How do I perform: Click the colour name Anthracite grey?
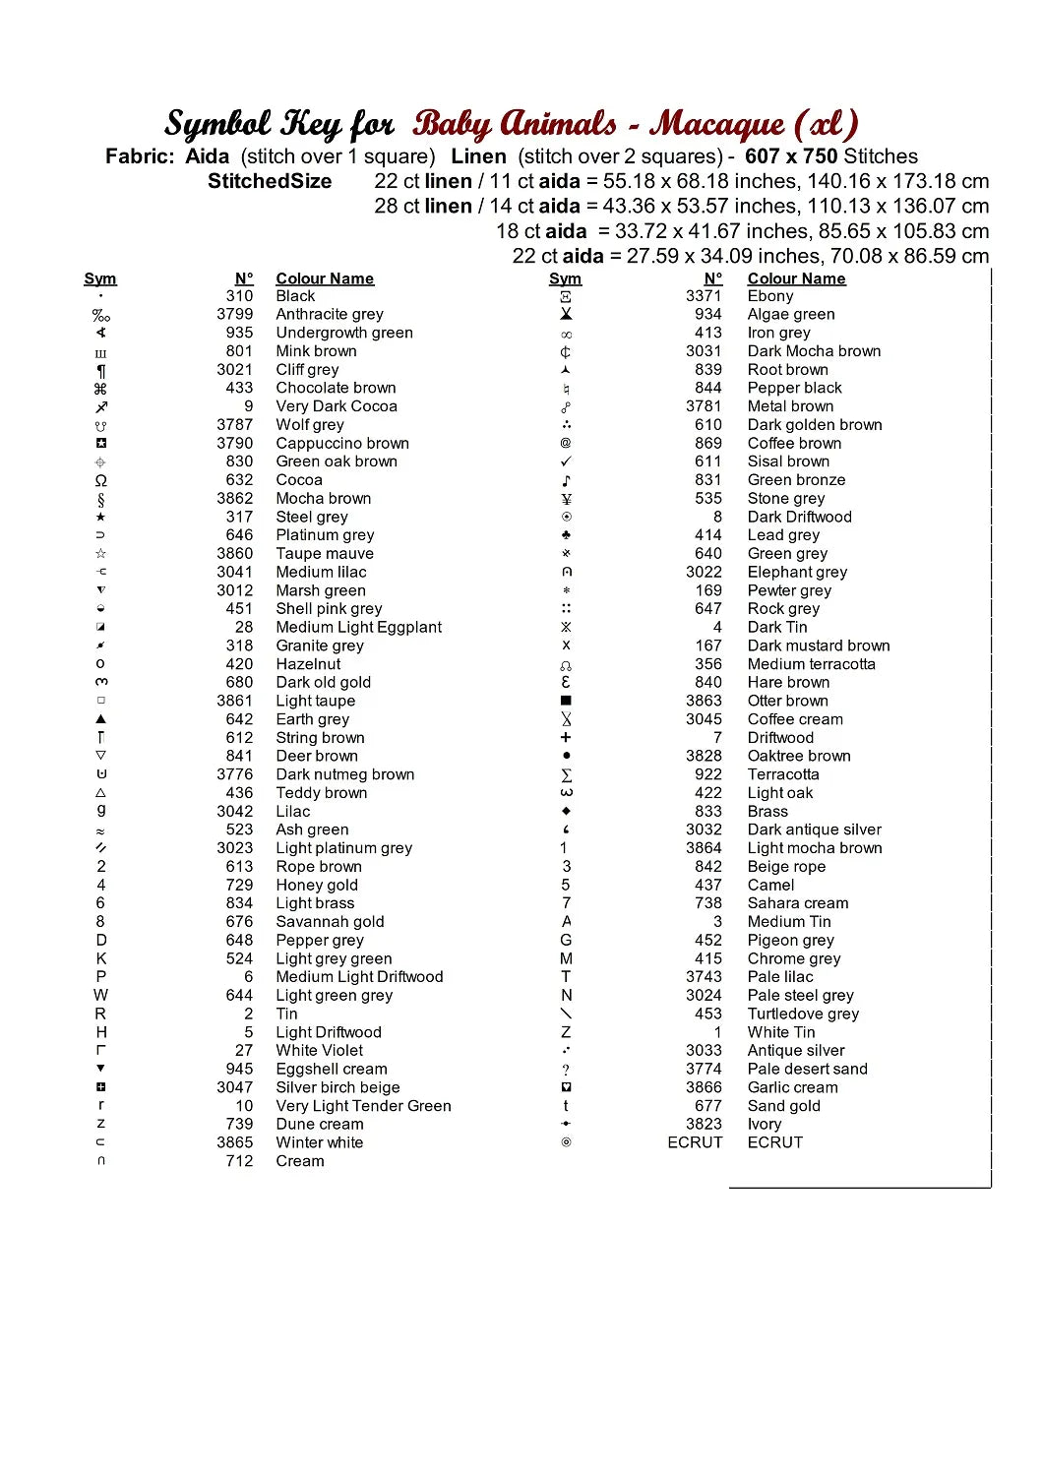[330, 314]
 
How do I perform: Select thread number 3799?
[235, 314]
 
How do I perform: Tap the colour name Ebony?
[770, 296]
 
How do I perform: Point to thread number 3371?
[704, 296]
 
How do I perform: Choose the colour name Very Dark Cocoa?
[337, 406]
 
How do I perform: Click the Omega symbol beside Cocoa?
[101, 480]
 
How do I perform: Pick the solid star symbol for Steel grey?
[101, 517]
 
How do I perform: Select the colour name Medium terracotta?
[811, 664]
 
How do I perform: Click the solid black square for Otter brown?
[566, 701]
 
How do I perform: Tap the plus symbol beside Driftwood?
[566, 737]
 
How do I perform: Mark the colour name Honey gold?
[317, 885]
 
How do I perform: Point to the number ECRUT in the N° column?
[695, 1142]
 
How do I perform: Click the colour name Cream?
[300, 1161]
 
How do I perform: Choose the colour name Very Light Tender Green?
[363, 1106]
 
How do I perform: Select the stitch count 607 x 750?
[791, 156]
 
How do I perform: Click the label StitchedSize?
[270, 181]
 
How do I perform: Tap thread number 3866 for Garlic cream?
[704, 1087]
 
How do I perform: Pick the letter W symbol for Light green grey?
[101, 995]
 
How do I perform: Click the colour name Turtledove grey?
[803, 1014]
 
